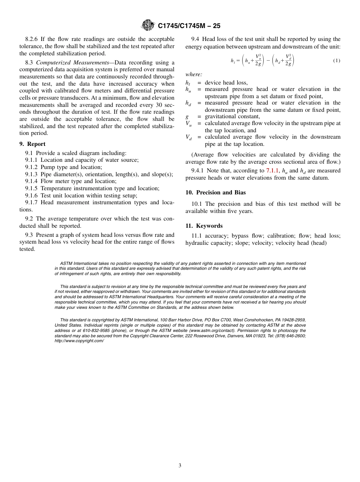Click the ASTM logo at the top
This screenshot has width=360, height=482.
pyautogui.click(x=147, y=25)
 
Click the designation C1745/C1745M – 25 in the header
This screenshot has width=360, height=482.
pyautogui.click(x=189, y=26)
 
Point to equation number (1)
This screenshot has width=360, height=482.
pyautogui.click(x=337, y=61)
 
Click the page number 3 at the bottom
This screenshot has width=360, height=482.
pyautogui.click(x=180, y=466)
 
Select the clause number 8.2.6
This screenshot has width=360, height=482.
pyautogui.click(x=33, y=39)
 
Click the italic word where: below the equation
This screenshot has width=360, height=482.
pyautogui.click(x=194, y=75)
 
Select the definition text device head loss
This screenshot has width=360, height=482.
pyautogui.click(x=226, y=83)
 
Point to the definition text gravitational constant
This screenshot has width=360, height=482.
pyautogui.click(x=232, y=117)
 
